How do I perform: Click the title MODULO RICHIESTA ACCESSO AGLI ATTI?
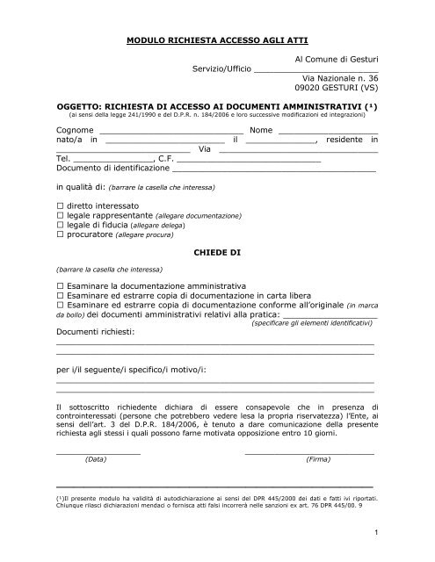[x=216, y=41]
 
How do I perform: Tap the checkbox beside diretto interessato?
[x=60, y=204]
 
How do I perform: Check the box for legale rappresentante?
[x=60, y=214]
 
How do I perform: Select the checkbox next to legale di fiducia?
[x=60, y=225]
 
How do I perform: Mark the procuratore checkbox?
[x=60, y=235]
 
